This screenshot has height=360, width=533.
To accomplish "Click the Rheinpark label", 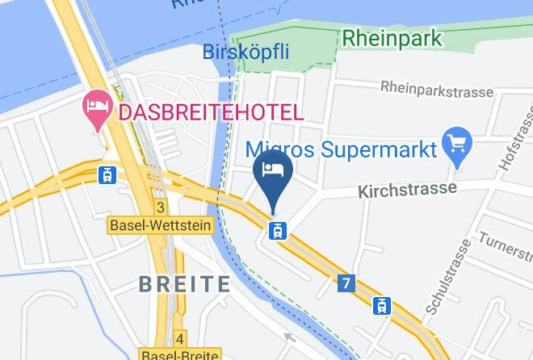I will coord(392,38).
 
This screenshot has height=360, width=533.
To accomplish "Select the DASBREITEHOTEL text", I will coord(211,113).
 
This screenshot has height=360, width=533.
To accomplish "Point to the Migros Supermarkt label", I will coord(341,149).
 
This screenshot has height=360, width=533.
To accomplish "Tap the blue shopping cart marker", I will coord(458,146).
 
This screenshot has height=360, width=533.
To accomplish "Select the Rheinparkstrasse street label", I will coord(436,91).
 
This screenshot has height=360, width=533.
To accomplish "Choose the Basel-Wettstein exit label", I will coord(161,226).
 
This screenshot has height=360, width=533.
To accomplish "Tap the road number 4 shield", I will coord(180,337).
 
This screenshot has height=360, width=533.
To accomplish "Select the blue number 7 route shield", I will coord(347,283).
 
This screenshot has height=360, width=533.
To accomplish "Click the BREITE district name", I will coord(184,283).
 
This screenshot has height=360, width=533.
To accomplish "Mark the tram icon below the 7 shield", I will coord(381,305).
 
